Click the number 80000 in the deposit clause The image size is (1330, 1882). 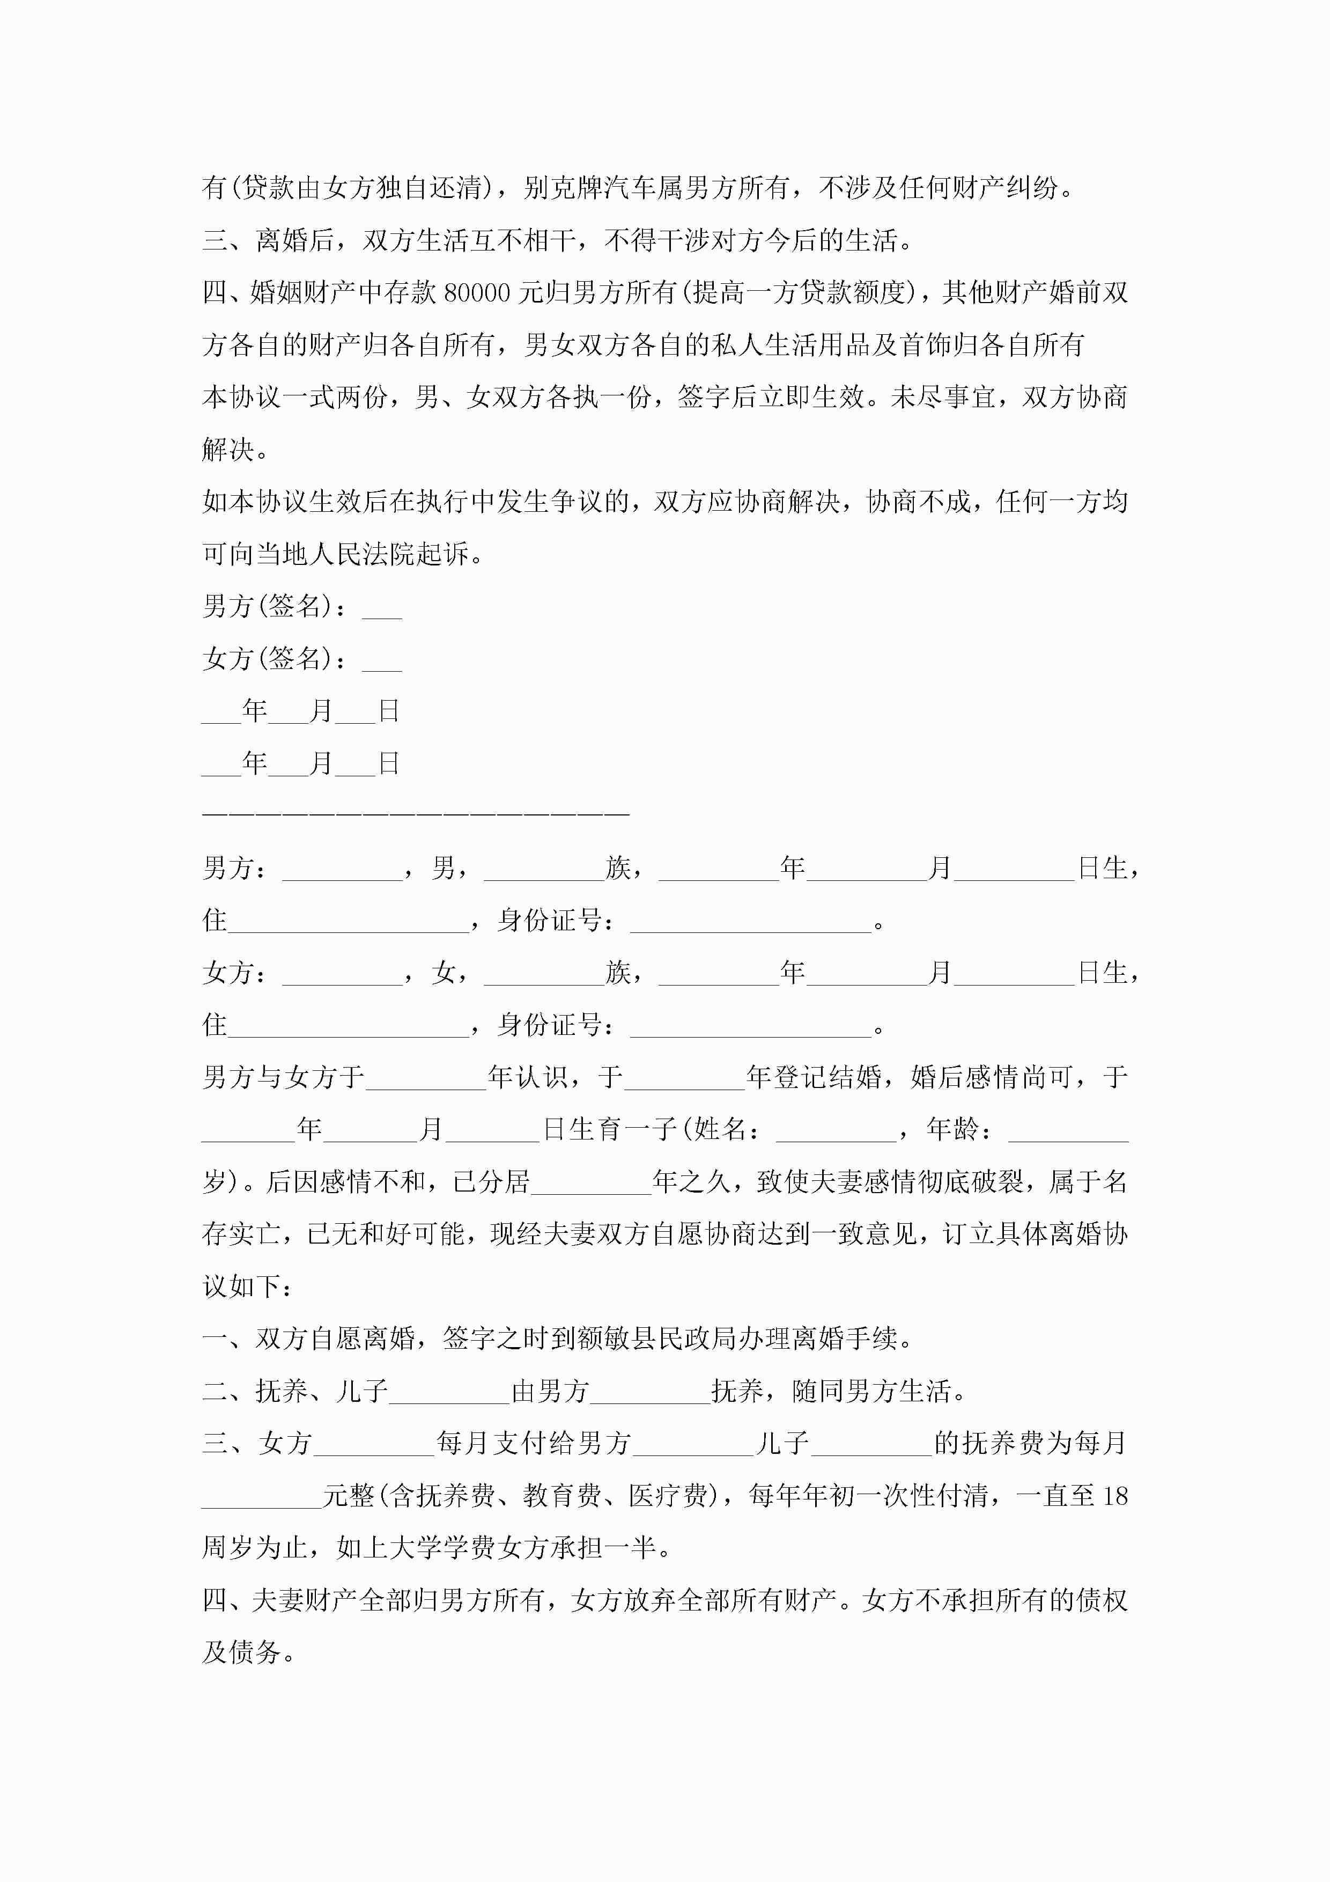click(x=477, y=292)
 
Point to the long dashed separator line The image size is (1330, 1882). click(x=416, y=813)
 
